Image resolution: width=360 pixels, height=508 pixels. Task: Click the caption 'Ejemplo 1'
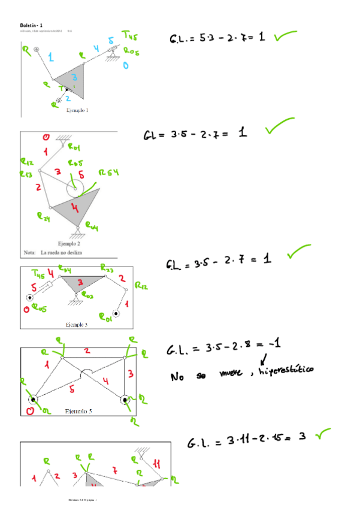[x=77, y=110]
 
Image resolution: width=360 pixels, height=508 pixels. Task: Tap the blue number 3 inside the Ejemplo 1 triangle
[x=74, y=78]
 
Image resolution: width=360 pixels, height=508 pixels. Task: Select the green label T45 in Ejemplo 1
[x=129, y=35]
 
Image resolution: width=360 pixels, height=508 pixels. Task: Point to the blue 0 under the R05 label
[x=126, y=65]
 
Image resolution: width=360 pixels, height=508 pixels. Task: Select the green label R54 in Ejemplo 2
[x=108, y=173]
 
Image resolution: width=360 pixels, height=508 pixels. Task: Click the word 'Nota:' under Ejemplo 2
[x=30, y=253]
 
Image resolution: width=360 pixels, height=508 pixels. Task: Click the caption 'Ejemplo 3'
[x=77, y=324]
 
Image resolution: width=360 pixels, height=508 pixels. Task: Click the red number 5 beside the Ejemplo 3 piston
[x=34, y=288]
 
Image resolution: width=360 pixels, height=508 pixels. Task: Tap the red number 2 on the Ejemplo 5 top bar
[x=87, y=350]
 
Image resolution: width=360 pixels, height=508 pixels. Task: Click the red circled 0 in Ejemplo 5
[x=29, y=412]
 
